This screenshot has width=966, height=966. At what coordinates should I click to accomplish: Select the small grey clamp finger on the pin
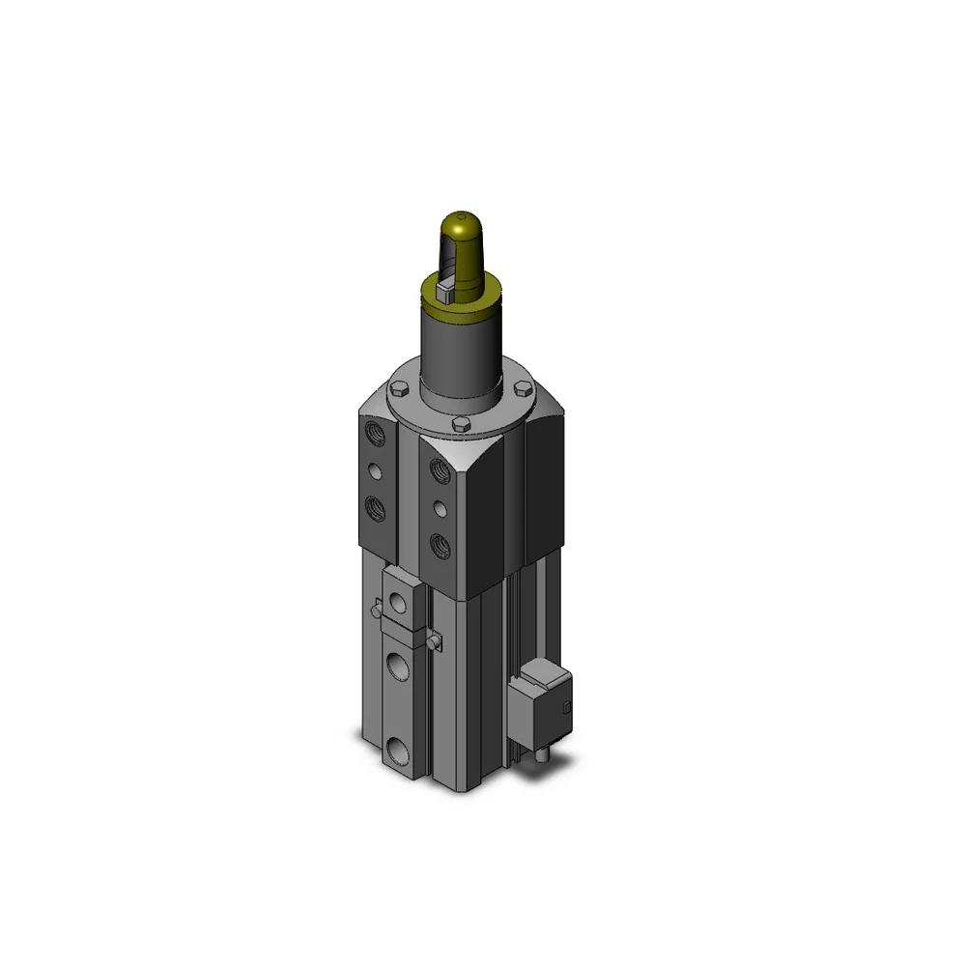[x=445, y=287]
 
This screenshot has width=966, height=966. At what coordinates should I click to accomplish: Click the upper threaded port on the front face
[x=440, y=471]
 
